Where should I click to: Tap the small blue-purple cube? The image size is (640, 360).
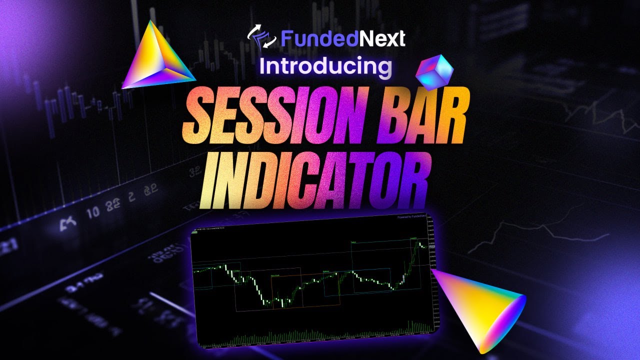[434, 70]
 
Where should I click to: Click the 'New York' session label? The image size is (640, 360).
[275, 275]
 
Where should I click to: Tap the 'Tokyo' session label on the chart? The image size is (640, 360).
[354, 242]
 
